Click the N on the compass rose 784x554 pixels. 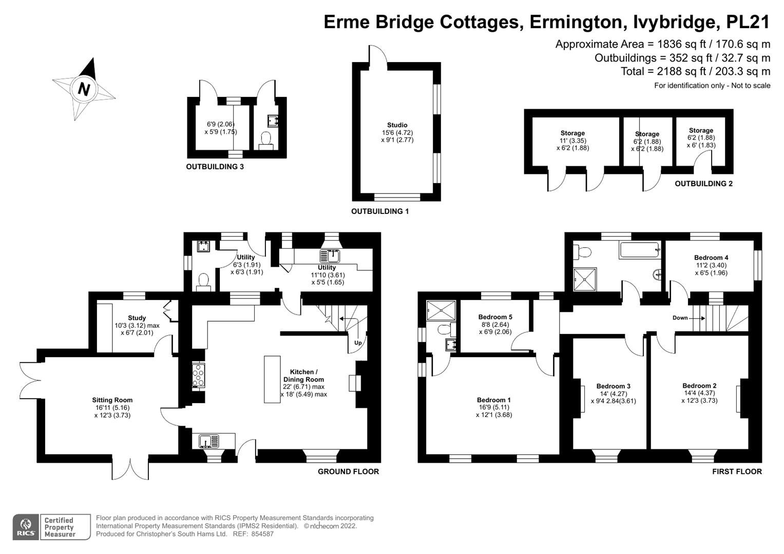point(84,89)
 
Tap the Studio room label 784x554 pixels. point(397,125)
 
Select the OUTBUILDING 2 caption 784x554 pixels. point(703,184)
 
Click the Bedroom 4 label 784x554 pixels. point(711,258)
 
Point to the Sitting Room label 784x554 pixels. point(112,400)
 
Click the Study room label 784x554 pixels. point(137,318)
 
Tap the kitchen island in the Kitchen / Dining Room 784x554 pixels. point(273,379)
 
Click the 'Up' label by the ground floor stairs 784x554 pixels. point(358,343)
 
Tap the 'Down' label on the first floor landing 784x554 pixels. point(680,318)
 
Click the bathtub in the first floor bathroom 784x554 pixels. point(640,250)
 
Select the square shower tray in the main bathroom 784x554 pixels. point(585,279)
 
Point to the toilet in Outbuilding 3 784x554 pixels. point(266,139)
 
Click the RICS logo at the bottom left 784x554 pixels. point(25,527)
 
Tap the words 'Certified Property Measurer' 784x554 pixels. point(60,527)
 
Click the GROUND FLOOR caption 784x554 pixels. point(348,472)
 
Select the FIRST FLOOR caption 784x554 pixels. point(737,472)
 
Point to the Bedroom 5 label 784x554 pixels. point(495,317)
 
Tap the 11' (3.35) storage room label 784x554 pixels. point(572,141)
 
